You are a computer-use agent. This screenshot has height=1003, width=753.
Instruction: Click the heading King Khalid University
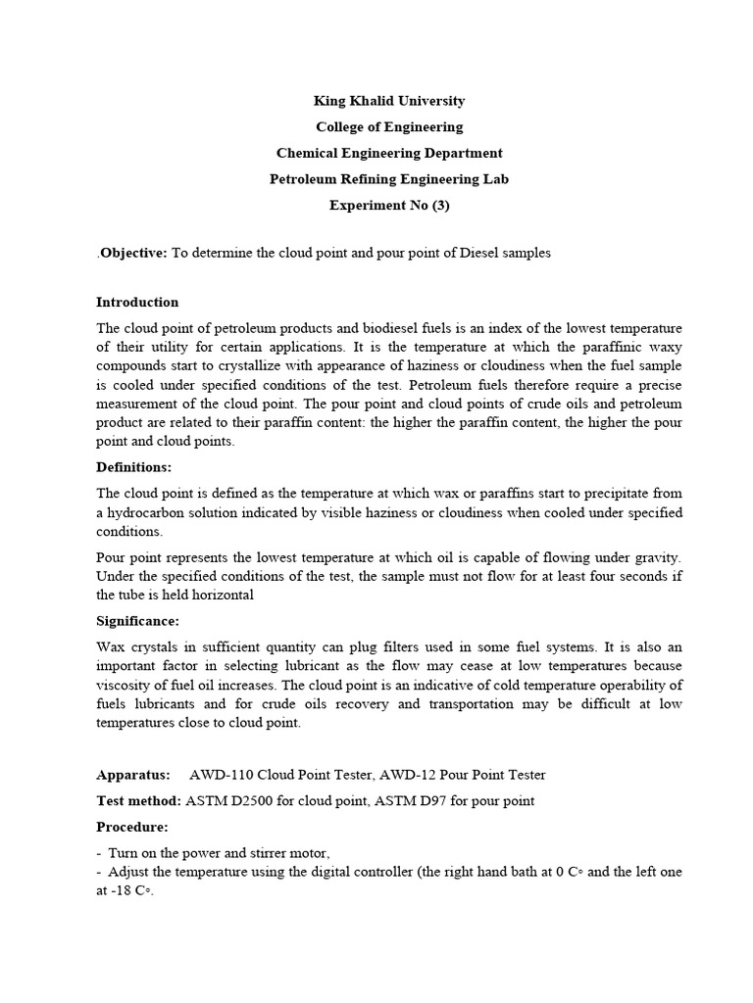pos(389,101)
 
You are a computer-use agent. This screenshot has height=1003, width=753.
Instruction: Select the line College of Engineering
pos(389,127)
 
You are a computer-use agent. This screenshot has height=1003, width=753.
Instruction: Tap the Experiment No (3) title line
pos(389,206)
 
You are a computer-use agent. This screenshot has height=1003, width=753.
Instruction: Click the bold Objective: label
pos(133,253)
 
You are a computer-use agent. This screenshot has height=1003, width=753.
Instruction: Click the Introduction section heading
pos(137,302)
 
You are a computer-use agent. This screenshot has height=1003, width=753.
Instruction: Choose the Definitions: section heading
pos(134,467)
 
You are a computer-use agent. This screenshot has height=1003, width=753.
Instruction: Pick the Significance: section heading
pos(137,621)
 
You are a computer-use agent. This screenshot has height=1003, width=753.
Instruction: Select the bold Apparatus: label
pos(132,775)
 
